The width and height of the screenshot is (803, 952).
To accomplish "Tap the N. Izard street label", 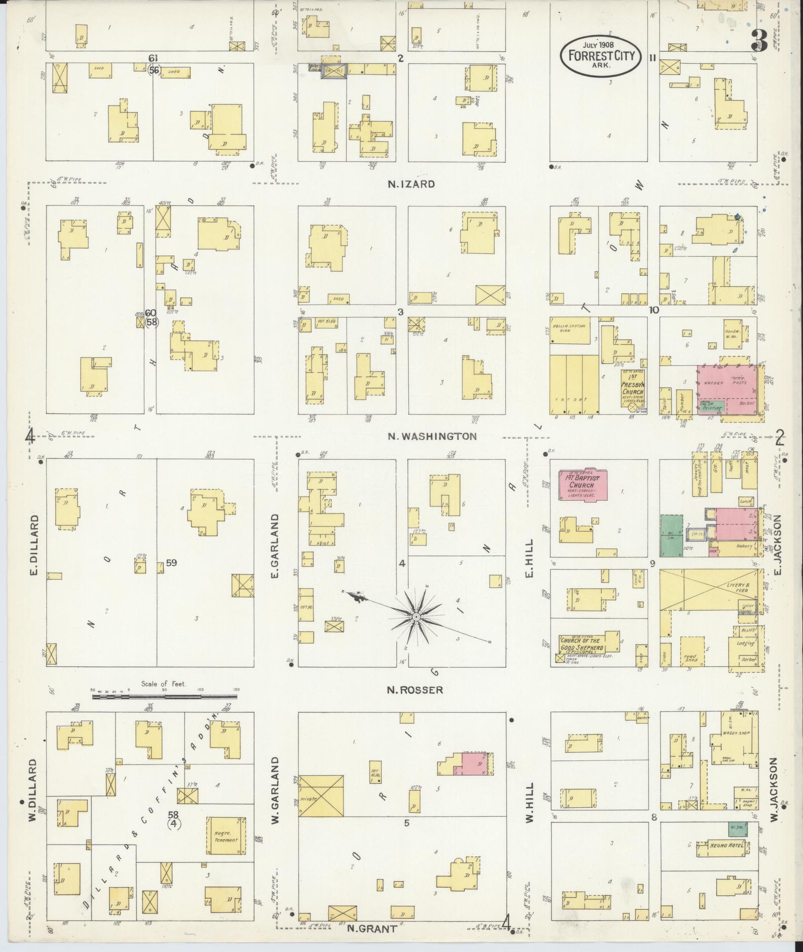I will [x=411, y=184].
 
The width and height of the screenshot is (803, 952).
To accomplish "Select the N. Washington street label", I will [x=432, y=436].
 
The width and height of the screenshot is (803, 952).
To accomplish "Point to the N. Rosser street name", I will [x=415, y=690].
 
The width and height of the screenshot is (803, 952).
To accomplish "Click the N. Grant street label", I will [x=372, y=928].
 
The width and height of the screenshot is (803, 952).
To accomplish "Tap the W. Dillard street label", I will [x=33, y=797].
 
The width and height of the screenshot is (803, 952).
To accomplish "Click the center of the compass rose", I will [x=415, y=617].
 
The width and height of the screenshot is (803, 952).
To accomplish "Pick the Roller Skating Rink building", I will [x=575, y=331].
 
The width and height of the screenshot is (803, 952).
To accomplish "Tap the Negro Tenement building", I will [x=227, y=836].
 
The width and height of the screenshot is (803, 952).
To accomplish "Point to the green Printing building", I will [x=712, y=407].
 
